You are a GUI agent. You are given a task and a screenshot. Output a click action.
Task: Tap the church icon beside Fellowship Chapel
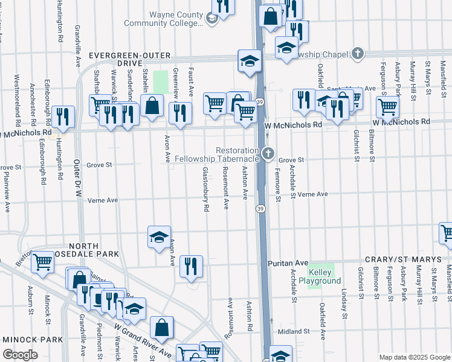pos(358,54)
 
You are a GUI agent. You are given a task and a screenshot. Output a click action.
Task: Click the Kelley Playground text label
pos(324,277)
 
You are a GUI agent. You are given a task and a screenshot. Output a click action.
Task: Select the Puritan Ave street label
pos(288,264)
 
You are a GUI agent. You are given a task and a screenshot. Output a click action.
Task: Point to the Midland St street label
pos(294,331)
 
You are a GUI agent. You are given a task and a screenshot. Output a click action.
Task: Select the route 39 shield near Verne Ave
pos(260,208)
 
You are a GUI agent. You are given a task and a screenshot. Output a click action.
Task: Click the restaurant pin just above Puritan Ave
pos(191,266)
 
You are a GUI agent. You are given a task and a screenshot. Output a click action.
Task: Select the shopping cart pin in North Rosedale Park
pos(42,261)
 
